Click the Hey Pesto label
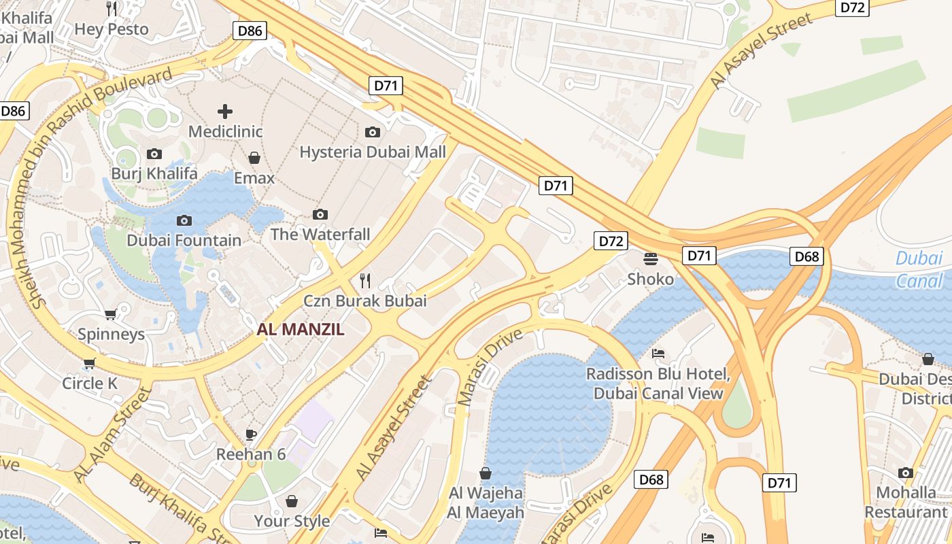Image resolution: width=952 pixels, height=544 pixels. coord(112,29)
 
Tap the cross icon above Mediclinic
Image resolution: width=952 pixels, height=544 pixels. coord(225,111)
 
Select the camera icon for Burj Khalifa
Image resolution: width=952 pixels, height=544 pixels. coord(154,154)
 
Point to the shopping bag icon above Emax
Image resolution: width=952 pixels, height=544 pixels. coord(254,158)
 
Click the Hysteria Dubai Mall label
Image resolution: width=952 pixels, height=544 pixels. coord(373,152)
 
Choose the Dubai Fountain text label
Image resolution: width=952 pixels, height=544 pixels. coord(184,240)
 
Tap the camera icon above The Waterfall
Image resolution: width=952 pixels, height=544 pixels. coord(320,215)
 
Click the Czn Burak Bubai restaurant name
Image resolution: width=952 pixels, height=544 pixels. coord(365,301)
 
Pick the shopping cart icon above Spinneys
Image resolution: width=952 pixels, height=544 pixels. coord(111,314)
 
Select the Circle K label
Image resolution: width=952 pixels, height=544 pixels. coord(90,383)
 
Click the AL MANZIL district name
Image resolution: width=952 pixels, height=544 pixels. coord(301,330)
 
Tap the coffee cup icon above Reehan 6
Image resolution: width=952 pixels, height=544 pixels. coord(251,435)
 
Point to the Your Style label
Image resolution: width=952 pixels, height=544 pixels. coord(292,521)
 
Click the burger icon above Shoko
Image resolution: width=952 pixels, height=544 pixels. coord(651,258)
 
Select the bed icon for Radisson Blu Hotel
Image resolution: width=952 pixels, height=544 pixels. coord(658,354)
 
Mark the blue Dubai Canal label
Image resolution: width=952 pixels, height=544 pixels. coord(919,269)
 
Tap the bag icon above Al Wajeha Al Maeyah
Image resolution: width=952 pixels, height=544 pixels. coord(486,473)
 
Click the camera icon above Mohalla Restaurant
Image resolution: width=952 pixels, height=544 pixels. coord(906,473)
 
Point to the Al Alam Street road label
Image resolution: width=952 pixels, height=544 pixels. coord(112,435)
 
